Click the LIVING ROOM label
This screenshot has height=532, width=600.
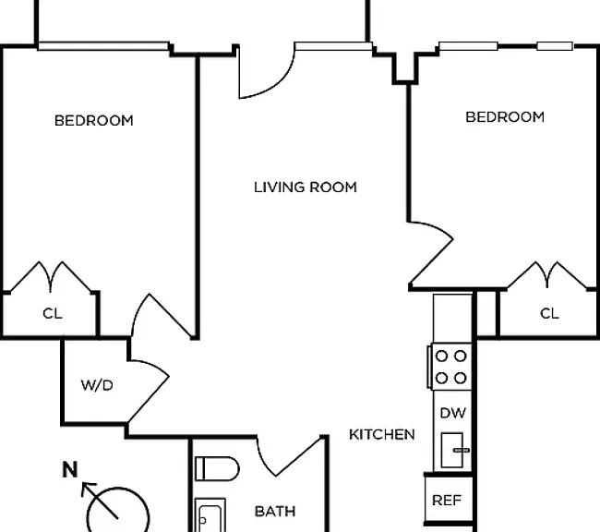click(x=306, y=187)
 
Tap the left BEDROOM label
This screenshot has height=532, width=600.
click(x=94, y=121)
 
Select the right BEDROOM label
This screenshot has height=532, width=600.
click(x=505, y=116)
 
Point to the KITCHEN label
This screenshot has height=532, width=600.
click(x=382, y=434)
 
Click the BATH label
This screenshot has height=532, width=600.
click(x=275, y=512)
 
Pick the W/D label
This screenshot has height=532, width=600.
click(x=97, y=385)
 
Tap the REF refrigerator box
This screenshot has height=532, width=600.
click(x=448, y=500)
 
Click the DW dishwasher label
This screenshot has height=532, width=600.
click(x=452, y=413)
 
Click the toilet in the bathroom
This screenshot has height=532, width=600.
click(x=217, y=468)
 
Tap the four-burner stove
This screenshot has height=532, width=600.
click(x=450, y=367)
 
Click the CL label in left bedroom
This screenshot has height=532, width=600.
click(x=53, y=314)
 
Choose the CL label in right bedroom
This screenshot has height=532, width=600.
click(x=549, y=314)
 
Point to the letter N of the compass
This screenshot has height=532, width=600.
click(x=70, y=469)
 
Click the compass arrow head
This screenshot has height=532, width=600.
click(x=88, y=488)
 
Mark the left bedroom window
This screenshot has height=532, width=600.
click(x=103, y=46)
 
